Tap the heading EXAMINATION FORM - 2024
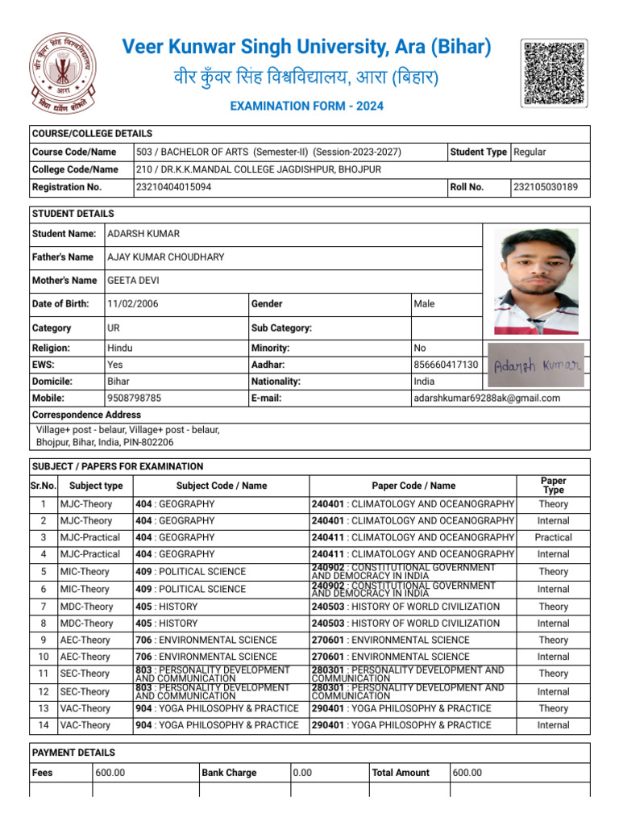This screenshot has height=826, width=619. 307,106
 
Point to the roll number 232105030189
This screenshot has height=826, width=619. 546,187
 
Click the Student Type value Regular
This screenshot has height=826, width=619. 530,152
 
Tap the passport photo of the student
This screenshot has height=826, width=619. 536,282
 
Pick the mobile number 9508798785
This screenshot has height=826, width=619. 134,398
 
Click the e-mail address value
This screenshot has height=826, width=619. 486,398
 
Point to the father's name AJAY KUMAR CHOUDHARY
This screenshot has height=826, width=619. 166,257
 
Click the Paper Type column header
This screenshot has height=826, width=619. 553,486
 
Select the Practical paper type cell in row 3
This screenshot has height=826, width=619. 553,537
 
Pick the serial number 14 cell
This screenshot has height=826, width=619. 44,725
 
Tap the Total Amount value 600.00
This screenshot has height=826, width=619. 467,773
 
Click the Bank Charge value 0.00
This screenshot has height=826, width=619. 303,773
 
